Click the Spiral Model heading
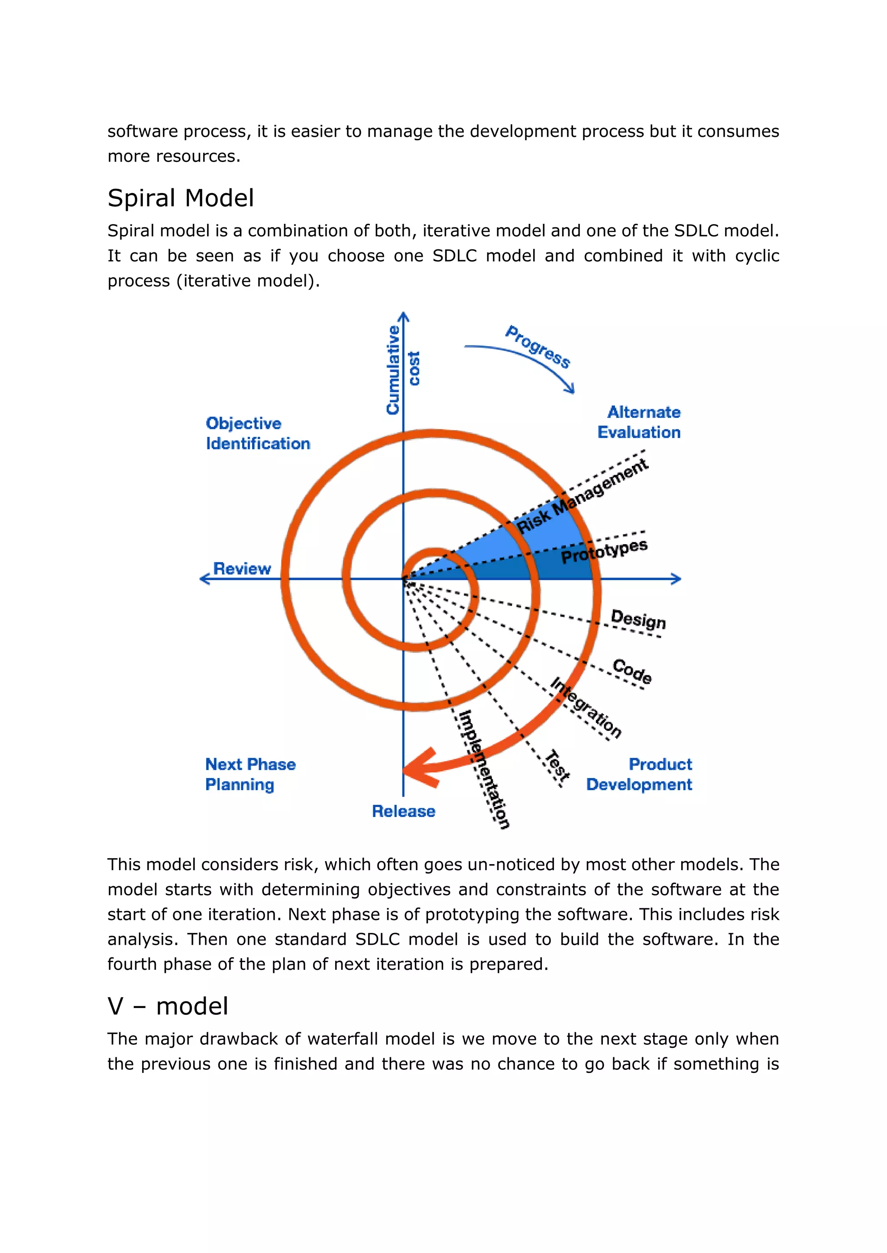181,198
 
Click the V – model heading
168,1006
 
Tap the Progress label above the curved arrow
538,347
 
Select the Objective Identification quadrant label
257,433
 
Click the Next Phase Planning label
250,774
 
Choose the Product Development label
639,774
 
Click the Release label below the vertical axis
404,811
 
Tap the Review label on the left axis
242,569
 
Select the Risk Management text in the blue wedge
582,496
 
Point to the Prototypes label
604,552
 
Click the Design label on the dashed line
638,619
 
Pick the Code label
632,672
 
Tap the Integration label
586,707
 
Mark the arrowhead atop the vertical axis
403,316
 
